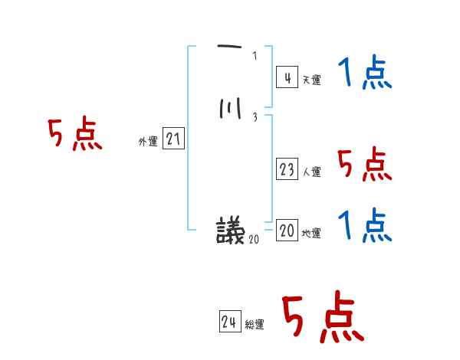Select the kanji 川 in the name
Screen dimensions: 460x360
[x=229, y=111]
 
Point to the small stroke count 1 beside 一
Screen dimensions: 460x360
[x=255, y=55]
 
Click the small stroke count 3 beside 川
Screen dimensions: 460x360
[x=255, y=117]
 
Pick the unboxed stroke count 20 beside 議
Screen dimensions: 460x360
[x=255, y=239]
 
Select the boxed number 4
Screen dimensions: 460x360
[x=286, y=77]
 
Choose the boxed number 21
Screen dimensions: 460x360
[x=173, y=139]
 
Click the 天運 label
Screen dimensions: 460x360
[x=311, y=80]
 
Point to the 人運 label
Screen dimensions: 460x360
[x=312, y=172]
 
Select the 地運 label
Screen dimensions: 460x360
[x=312, y=234]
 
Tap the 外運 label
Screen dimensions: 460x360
[x=147, y=141]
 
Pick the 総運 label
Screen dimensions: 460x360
[x=255, y=325]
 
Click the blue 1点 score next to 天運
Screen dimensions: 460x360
[x=364, y=75]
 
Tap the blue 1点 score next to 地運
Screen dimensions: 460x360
[x=364, y=226]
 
